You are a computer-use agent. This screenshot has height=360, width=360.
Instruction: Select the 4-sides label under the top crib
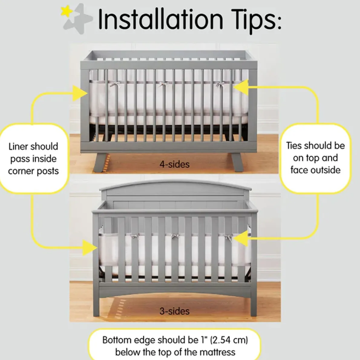pyautogui.click(x=175, y=165)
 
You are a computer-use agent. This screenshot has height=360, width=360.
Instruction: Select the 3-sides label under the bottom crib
pyautogui.click(x=175, y=311)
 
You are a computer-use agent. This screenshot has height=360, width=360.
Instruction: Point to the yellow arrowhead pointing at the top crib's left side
pyautogui.click(x=81, y=93)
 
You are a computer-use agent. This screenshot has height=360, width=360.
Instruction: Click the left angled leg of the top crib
pyautogui.click(x=101, y=163)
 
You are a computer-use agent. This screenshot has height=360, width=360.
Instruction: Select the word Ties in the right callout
pyautogui.click(x=294, y=146)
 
